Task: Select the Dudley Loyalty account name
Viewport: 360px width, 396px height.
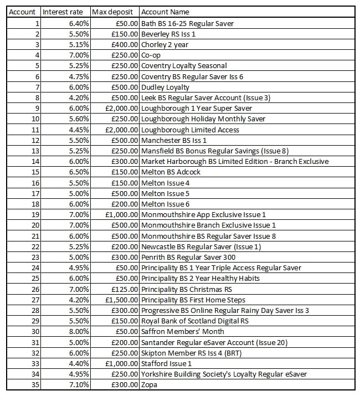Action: (x=165, y=87)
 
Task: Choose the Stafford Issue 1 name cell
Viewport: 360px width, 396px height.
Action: (x=166, y=363)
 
